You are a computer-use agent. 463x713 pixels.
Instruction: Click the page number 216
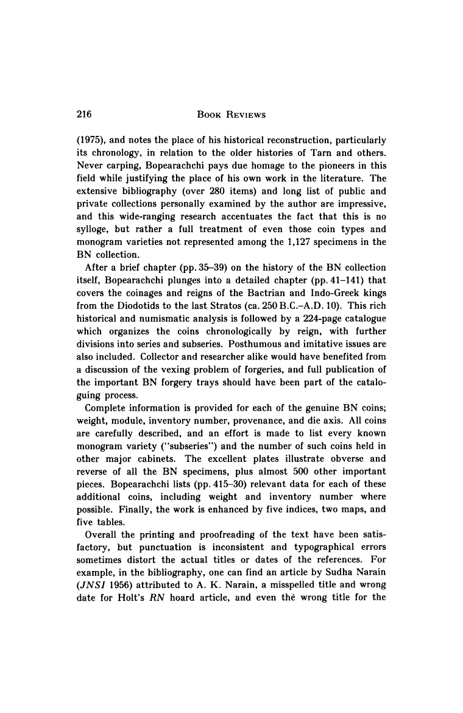click(x=83, y=114)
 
